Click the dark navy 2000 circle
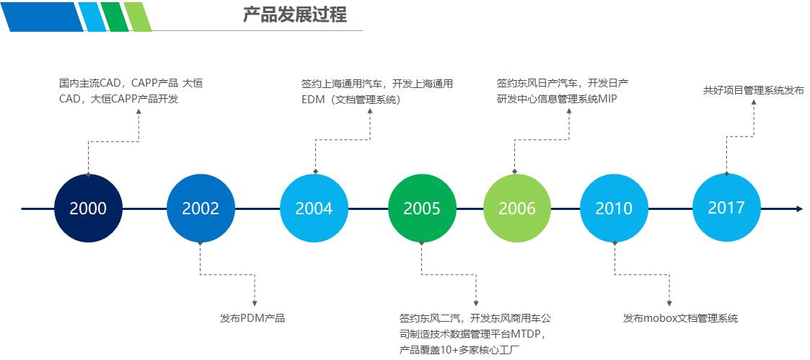click(x=88, y=208)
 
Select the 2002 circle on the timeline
click(x=200, y=208)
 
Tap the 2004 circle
click(x=314, y=208)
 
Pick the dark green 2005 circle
click(x=422, y=208)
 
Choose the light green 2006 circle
click(x=517, y=208)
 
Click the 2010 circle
click(x=614, y=208)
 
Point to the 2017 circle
click(x=726, y=208)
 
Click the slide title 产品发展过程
click(x=294, y=14)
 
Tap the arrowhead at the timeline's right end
click(x=799, y=208)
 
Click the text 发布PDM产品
click(x=252, y=318)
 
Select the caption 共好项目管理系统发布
click(x=753, y=91)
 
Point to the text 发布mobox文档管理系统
click(x=680, y=318)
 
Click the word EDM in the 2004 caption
click(x=313, y=100)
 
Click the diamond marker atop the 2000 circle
click(x=88, y=174)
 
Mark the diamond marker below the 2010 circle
click(x=615, y=243)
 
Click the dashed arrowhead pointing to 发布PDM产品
click(x=255, y=303)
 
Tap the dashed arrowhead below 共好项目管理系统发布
click(x=754, y=102)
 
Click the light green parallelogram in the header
click(x=137, y=17)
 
